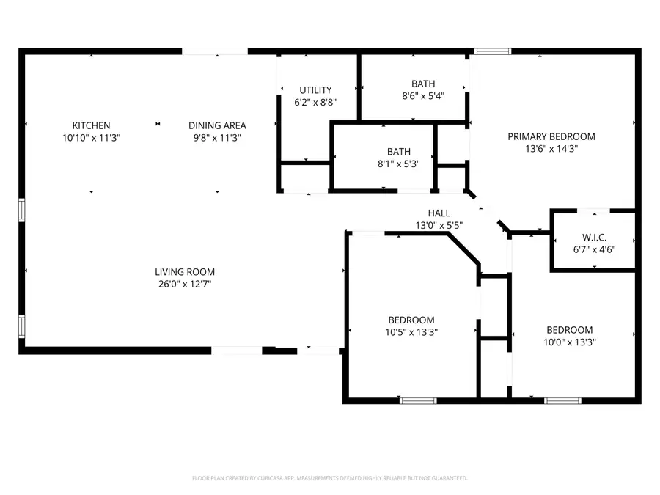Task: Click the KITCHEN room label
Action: pos(91,125)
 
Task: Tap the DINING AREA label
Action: pos(217,125)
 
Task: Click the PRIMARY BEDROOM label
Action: pos(551,136)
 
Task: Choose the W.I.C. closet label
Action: pos(594,238)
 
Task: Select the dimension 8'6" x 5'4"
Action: pos(423,95)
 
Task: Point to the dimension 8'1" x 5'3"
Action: pos(399,164)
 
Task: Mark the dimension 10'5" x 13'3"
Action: pos(411,331)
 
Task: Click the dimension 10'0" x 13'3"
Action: pos(569,342)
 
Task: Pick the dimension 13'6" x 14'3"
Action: pos(551,148)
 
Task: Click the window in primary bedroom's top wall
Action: pos(492,51)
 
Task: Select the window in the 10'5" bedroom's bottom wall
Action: pos(418,400)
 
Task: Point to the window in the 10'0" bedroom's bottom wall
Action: pos(562,400)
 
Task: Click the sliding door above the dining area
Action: pos(216,51)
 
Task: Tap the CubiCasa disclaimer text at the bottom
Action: pos(329,478)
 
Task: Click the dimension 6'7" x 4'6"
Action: pos(594,249)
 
